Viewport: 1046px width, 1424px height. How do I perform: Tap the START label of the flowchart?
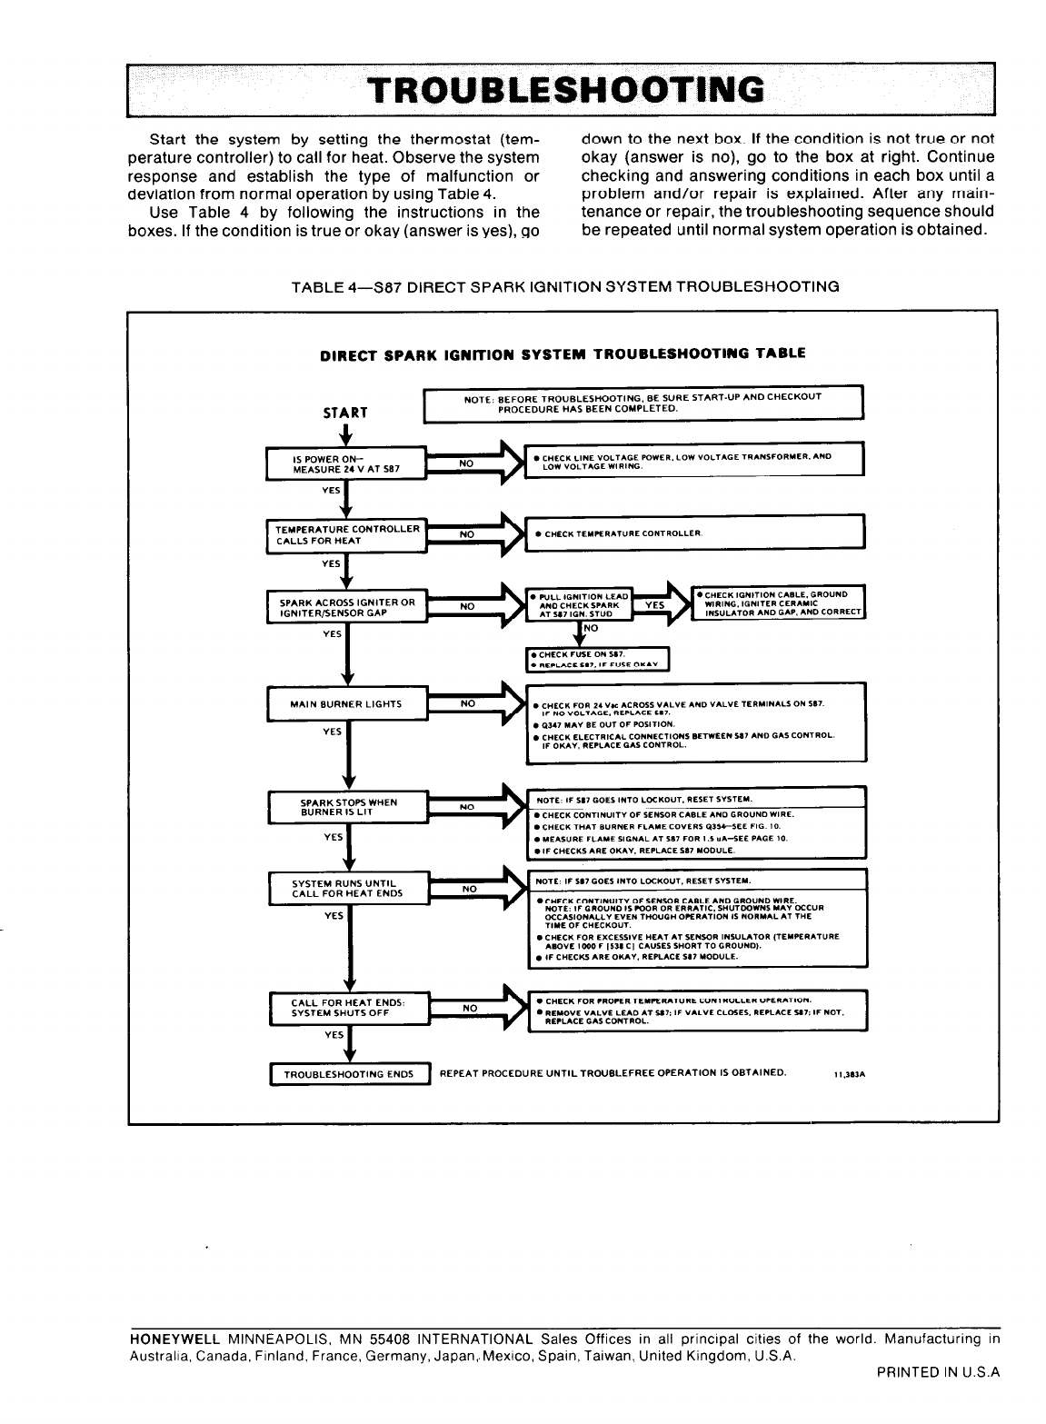coord(345,413)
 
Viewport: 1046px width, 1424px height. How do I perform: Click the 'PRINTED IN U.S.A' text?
coord(938,1373)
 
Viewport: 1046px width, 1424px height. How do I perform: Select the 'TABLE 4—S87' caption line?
coord(563,286)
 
